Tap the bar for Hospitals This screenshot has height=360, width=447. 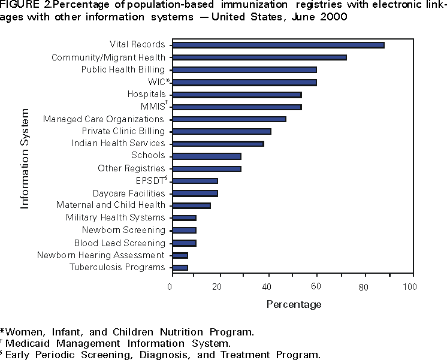pyautogui.click(x=236, y=94)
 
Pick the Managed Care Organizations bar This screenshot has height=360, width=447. pyautogui.click(x=228, y=119)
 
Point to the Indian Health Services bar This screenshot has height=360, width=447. pyautogui.click(x=217, y=144)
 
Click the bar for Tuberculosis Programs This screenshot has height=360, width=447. pyautogui.click(x=179, y=267)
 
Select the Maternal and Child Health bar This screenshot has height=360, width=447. pyautogui.click(x=191, y=205)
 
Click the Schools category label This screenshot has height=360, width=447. pyautogui.click(x=148, y=156)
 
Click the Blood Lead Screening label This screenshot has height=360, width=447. pyautogui.click(x=119, y=243)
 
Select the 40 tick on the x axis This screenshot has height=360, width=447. pyautogui.click(x=267, y=287)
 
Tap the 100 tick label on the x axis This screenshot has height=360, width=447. pyautogui.click(x=410, y=287)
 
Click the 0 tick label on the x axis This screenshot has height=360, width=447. pyautogui.click(x=171, y=287)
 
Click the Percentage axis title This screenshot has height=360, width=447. pyautogui.click(x=294, y=304)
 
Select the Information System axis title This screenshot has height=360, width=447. pyautogui.click(x=25, y=158)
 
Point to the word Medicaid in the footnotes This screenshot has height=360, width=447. pyautogui.click(x=28, y=343)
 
